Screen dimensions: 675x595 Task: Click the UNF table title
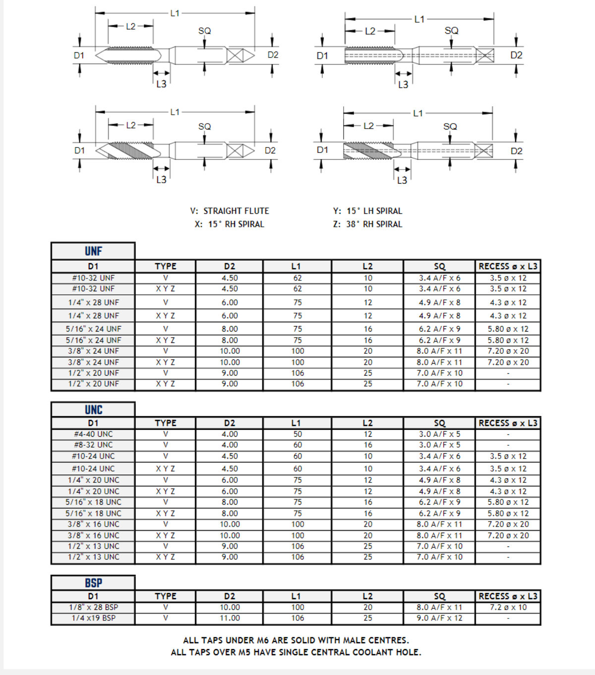point(93,251)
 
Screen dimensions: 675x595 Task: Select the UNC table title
point(93,409)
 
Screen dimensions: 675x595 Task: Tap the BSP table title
point(93,583)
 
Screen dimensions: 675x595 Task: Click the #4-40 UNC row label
point(93,434)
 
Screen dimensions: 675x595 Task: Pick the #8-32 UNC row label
point(93,445)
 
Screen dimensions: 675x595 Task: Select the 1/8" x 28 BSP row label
point(93,607)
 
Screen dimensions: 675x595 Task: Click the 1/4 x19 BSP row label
point(93,618)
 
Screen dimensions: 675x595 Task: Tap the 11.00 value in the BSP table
point(230,618)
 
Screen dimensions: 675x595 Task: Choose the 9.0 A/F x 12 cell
point(439,618)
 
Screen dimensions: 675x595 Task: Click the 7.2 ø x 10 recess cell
point(508,607)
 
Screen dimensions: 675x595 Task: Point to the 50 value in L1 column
point(297,434)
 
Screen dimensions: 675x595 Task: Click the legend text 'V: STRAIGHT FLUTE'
point(230,211)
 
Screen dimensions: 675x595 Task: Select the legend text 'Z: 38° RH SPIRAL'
point(367,224)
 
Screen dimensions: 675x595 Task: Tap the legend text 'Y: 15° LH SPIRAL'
point(367,211)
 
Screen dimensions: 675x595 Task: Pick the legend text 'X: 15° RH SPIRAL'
point(230,224)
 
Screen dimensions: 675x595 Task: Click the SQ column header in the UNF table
point(439,267)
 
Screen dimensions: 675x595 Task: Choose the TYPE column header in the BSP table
point(165,596)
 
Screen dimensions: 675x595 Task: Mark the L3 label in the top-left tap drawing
point(161,84)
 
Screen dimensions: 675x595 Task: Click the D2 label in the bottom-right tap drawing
point(516,151)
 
